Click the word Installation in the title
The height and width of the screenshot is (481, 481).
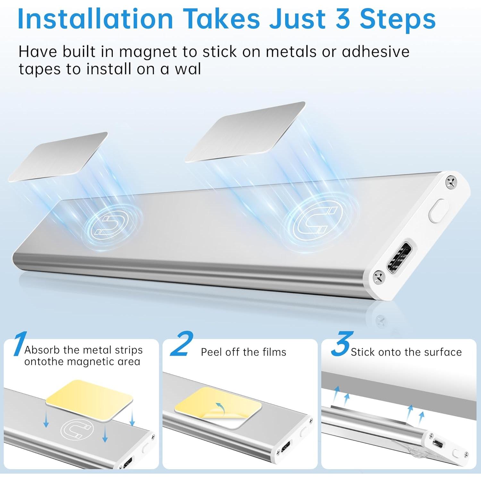click(x=95, y=19)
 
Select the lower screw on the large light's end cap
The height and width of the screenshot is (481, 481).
click(x=378, y=277)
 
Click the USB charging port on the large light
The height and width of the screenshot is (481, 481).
click(x=399, y=257)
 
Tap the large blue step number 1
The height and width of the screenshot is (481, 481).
click(x=20, y=344)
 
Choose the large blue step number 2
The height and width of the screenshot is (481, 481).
click(x=182, y=344)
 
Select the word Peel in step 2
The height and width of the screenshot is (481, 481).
click(x=211, y=352)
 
